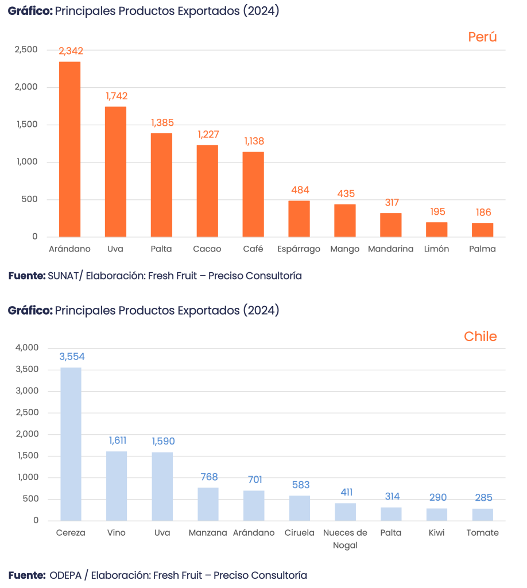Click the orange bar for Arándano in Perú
click(x=69, y=149)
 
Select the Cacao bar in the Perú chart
click(x=207, y=191)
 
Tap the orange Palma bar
click(x=483, y=230)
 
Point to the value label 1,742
click(x=117, y=96)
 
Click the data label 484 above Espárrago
click(x=300, y=190)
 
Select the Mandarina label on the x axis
click(x=390, y=249)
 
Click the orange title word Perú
click(x=482, y=37)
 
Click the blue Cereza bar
click(x=71, y=443)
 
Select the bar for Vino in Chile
click(x=117, y=485)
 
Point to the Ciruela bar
click(x=300, y=508)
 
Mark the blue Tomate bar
click(x=483, y=514)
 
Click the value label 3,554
click(x=72, y=357)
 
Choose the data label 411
click(x=346, y=492)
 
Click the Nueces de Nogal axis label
click(x=345, y=539)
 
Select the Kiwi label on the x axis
click(x=437, y=533)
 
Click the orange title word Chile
click(x=480, y=337)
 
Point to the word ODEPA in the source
click(x=65, y=575)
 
